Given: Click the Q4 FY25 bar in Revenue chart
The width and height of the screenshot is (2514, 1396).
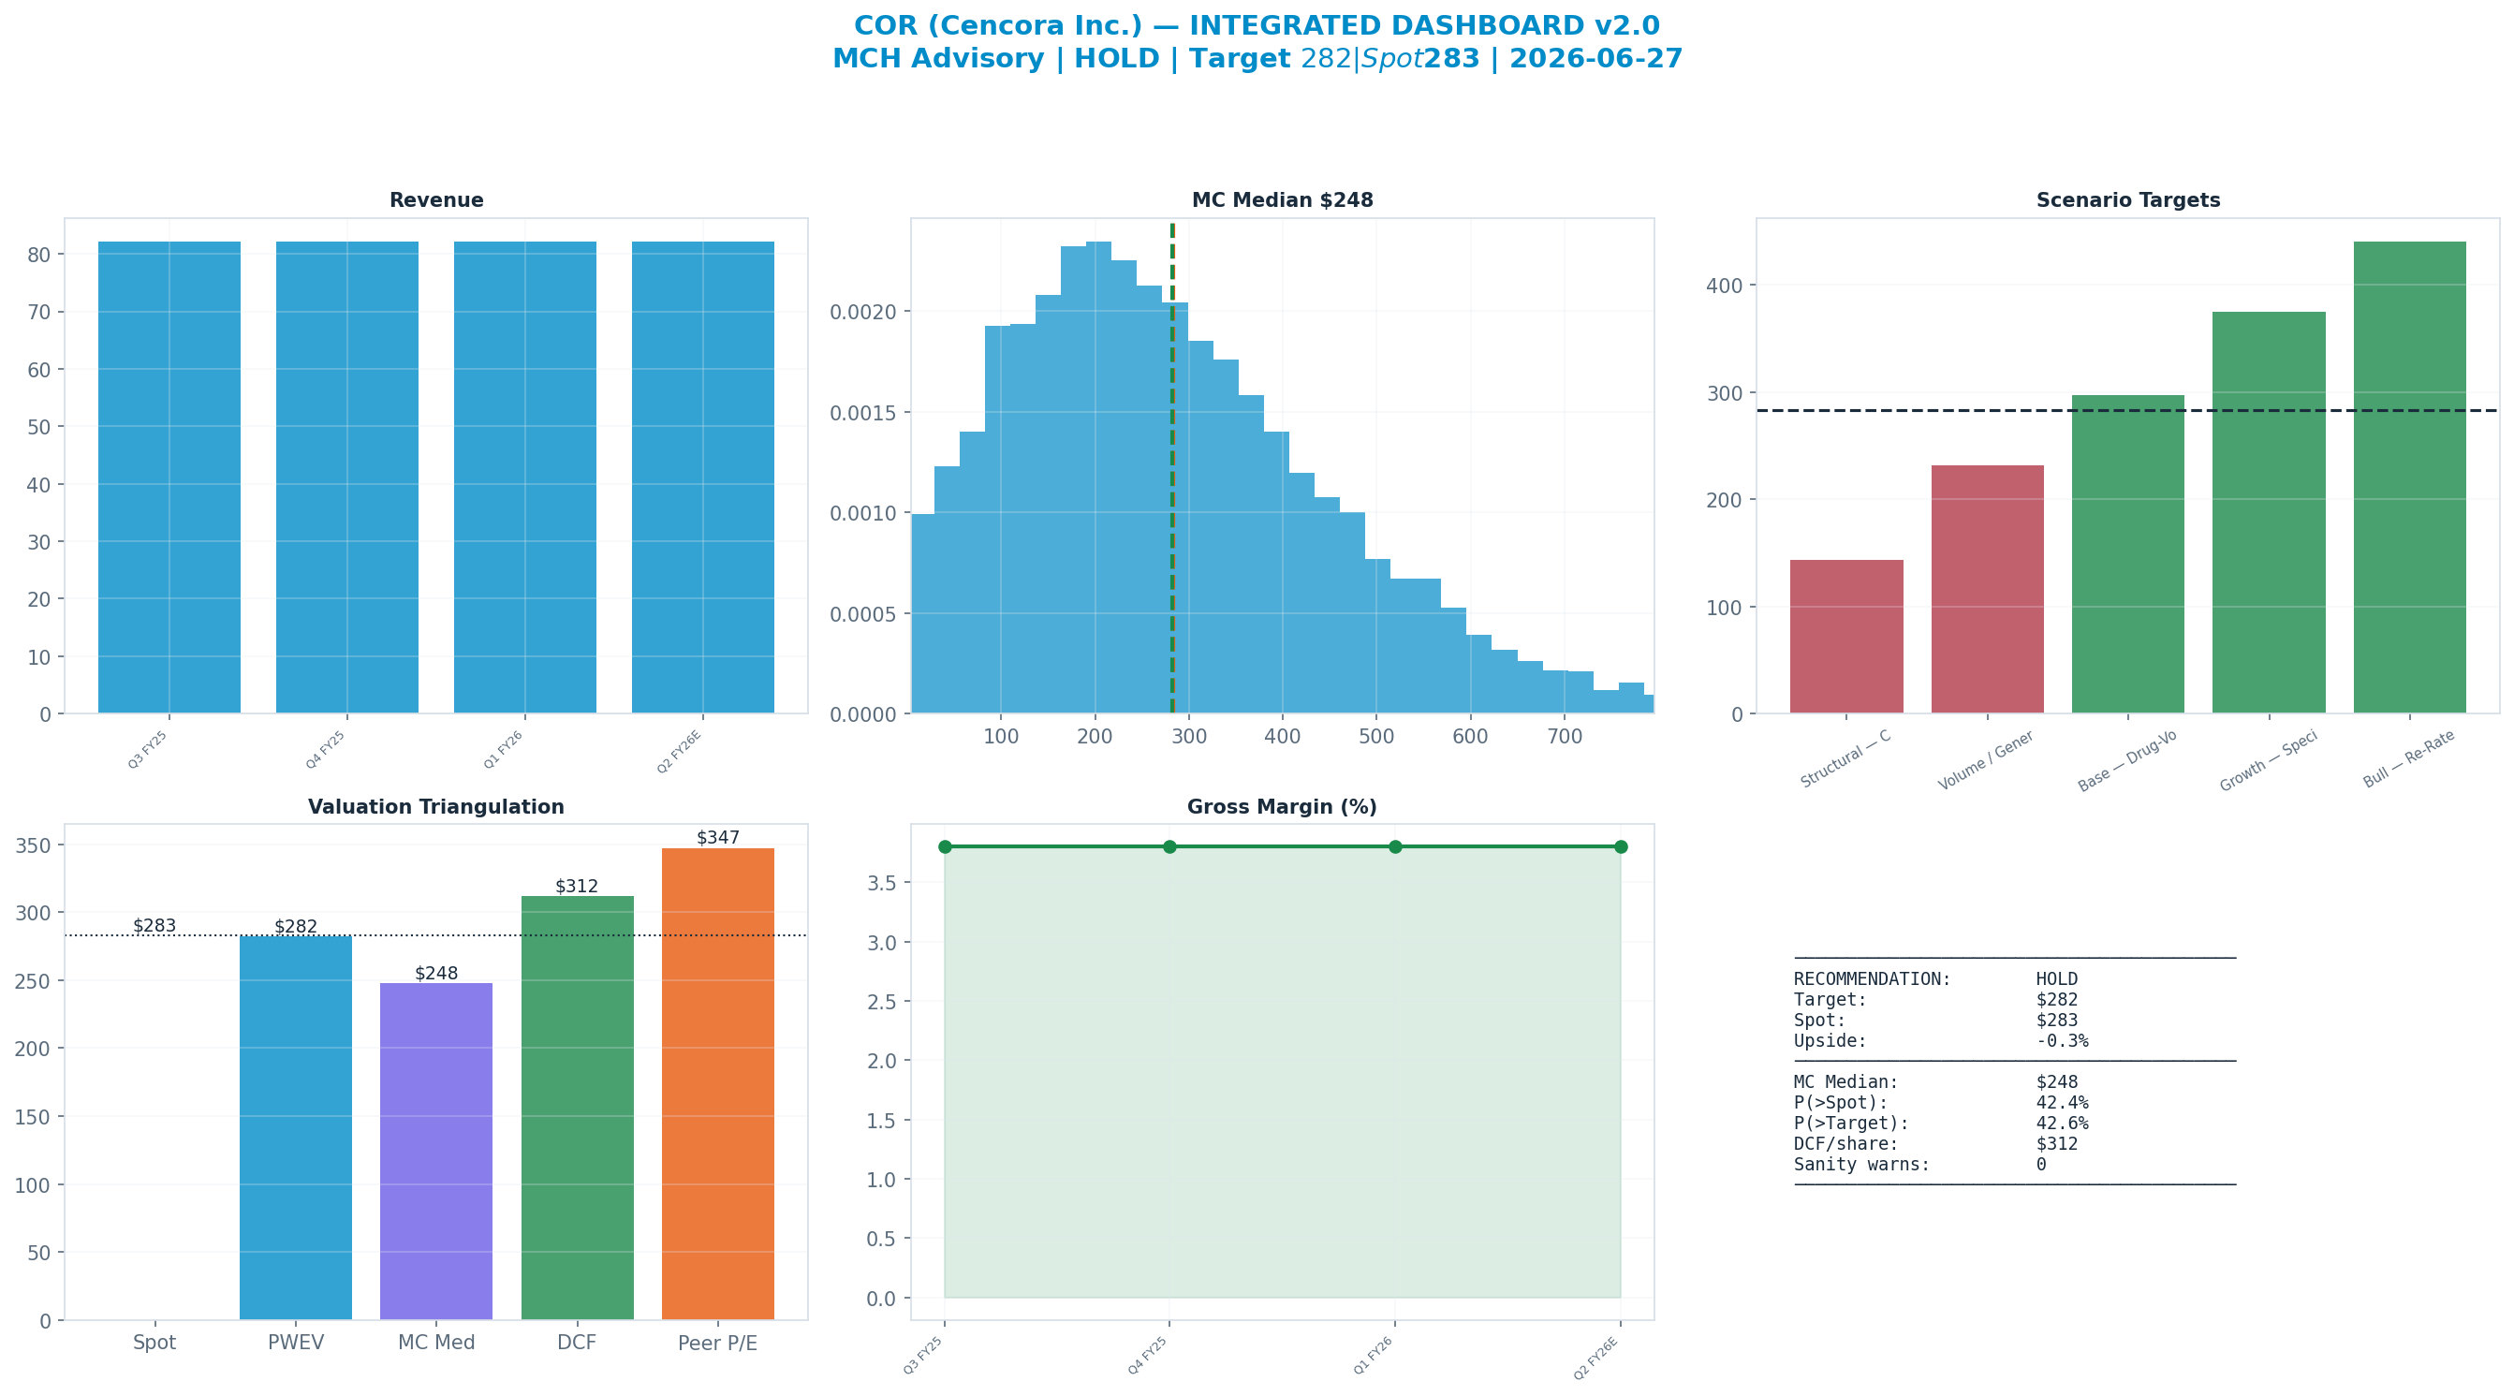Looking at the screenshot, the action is coord(346,478).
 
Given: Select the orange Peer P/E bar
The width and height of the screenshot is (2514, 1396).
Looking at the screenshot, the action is coord(717,1083).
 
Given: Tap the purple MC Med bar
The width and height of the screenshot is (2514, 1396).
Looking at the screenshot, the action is coord(436,1151).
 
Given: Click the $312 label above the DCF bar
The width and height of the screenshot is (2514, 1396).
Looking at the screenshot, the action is coord(577,887).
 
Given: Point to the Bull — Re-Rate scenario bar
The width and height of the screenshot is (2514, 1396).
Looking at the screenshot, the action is coord(2409,478).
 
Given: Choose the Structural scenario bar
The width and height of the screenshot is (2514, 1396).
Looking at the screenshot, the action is coord(1846,637).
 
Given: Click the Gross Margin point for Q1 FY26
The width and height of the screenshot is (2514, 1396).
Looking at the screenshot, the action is coord(1394,846).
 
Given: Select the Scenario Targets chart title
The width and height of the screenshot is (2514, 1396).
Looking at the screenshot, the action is coord(2127,200).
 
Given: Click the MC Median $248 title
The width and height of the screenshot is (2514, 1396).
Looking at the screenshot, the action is coord(1283,200).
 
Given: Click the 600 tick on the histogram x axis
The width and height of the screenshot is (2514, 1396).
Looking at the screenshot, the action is coord(1470,736).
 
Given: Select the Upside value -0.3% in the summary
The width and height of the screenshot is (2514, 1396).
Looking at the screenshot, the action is coord(2062,1040).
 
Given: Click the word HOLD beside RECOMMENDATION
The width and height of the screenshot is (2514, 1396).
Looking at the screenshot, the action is coord(2056,979).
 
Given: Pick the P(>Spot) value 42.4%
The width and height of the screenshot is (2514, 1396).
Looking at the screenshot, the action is coord(2062,1103).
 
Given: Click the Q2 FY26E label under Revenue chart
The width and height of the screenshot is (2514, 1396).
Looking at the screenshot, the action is coord(679,752).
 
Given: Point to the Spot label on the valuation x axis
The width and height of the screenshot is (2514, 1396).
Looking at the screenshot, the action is coord(154,1343).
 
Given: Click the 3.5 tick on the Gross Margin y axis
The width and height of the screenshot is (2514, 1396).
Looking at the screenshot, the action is coord(881,884).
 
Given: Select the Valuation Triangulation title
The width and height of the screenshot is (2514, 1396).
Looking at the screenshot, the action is coord(436,807).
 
